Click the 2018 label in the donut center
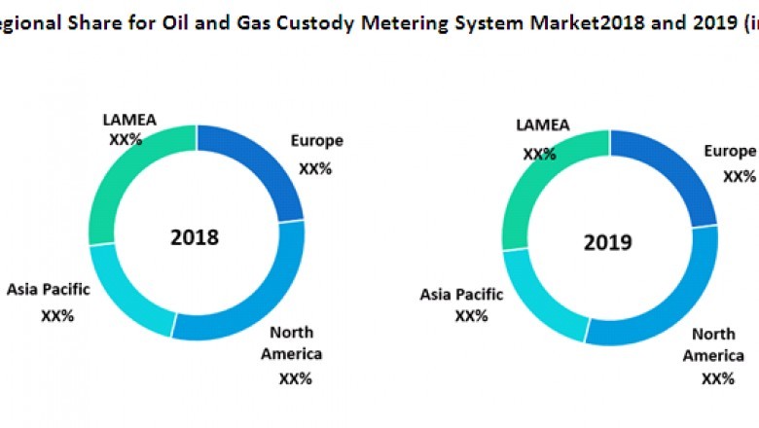point(195,237)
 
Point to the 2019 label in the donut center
point(608,242)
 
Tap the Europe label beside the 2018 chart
point(316,141)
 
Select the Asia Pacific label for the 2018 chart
point(49,289)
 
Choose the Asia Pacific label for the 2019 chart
point(461,294)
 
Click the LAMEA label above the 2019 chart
point(542,125)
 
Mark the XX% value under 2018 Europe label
point(315,168)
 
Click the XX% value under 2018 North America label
point(295,378)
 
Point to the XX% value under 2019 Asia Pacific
point(470,316)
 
